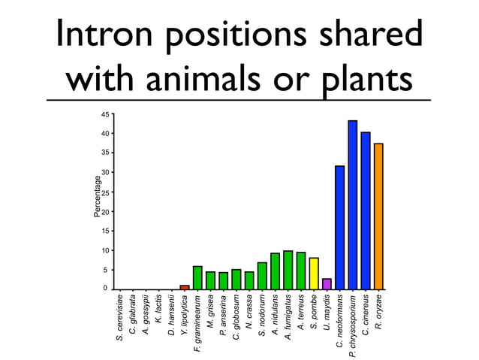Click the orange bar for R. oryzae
pyautogui.click(x=378, y=216)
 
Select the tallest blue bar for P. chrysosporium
pyautogui.click(x=352, y=204)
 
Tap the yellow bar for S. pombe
pyautogui.click(x=314, y=274)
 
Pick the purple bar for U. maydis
pyautogui.click(x=327, y=284)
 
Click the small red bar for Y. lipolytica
pyautogui.click(x=185, y=287)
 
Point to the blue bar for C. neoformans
pyautogui.click(x=339, y=227)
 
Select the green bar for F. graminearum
pyautogui.click(x=197, y=278)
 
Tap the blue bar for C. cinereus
pyautogui.click(x=366, y=210)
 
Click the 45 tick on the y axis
pyautogui.click(x=105, y=114)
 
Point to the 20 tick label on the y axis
pyautogui.click(x=105, y=211)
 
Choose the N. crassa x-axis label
pyautogui.click(x=249, y=313)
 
